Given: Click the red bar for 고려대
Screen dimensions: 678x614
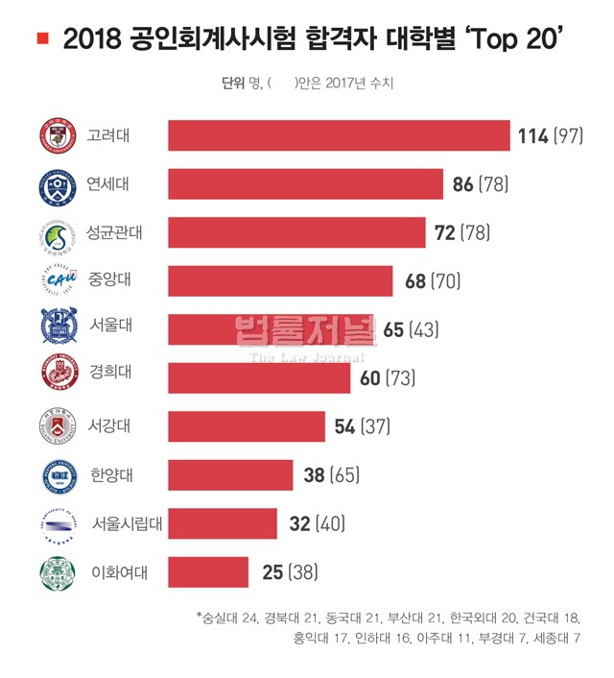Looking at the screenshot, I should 339,135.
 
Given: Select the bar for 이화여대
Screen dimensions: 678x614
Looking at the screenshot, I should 208,572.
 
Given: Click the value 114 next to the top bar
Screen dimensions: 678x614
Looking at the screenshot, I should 531,136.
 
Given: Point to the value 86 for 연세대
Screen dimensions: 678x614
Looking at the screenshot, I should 462,184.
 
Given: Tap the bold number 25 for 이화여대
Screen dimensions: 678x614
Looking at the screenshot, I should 272,572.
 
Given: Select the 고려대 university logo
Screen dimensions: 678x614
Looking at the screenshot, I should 57,136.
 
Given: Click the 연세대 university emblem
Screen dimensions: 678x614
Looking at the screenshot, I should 57,184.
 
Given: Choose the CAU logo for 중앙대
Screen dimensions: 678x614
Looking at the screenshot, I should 57,281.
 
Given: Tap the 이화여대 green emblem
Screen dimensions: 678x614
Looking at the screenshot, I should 57,573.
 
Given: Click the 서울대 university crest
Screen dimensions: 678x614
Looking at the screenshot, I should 57,329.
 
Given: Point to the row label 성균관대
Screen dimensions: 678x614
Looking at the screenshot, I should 112,232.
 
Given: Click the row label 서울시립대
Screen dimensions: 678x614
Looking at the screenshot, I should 125,524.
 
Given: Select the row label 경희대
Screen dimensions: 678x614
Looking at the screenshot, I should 107,378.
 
